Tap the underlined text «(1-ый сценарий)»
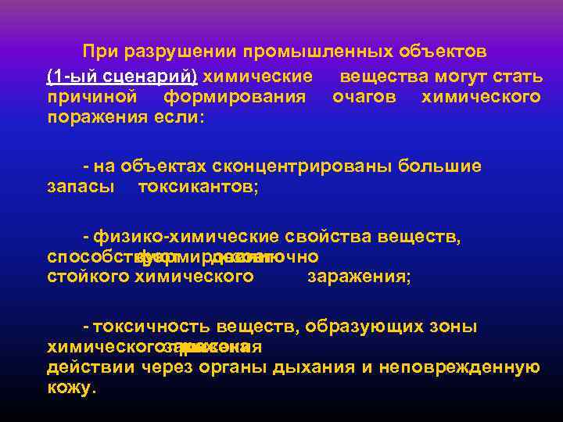pos(122,77)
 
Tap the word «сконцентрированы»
pos(297,166)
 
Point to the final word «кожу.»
pos(72,388)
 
